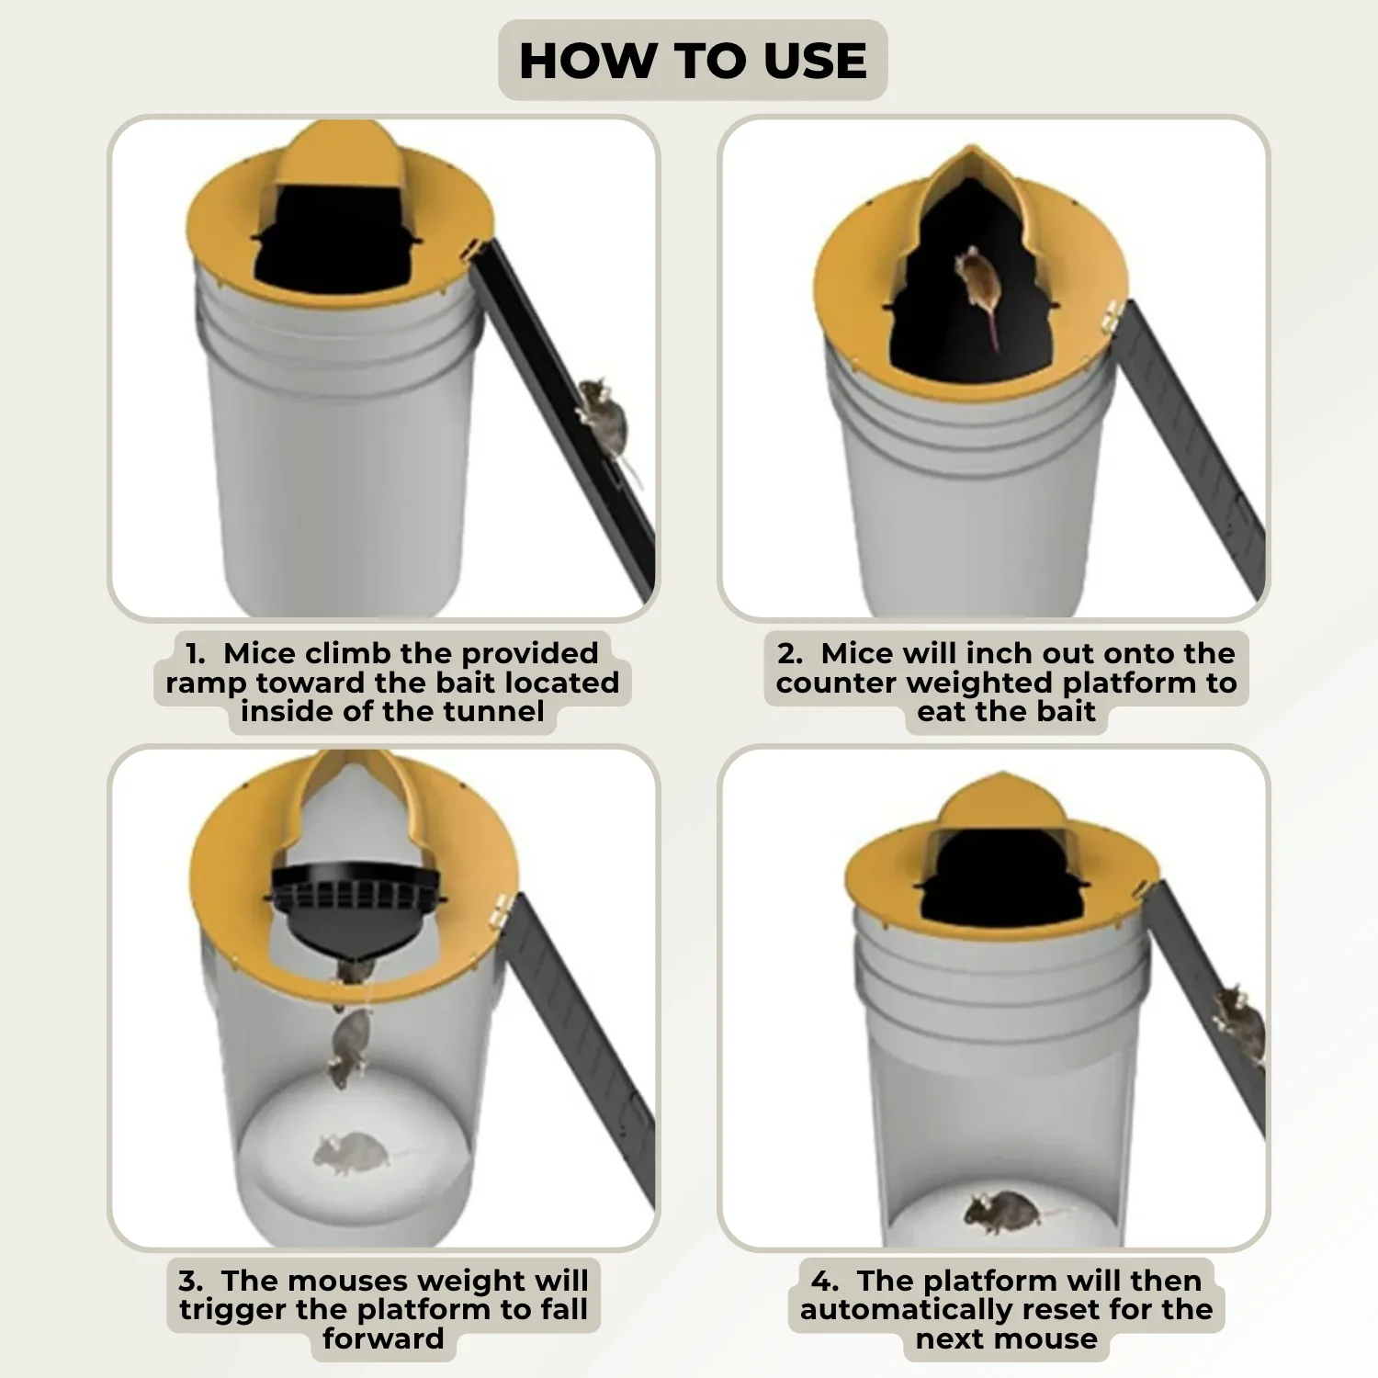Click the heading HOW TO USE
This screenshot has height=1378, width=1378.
(693, 61)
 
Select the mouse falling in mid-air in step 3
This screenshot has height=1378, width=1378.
(349, 1047)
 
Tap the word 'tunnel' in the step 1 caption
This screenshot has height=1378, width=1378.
(493, 711)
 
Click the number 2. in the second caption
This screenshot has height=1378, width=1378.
(790, 653)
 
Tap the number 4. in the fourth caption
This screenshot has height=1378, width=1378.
(825, 1281)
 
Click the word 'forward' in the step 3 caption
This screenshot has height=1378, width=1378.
(383, 1339)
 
